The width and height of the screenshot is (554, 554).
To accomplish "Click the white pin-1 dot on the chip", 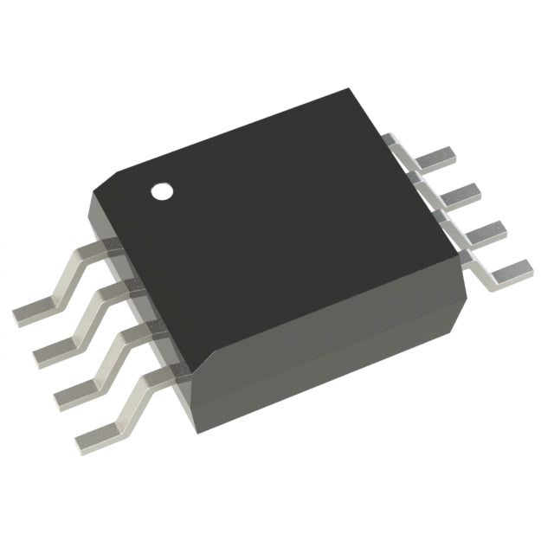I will tap(161, 190).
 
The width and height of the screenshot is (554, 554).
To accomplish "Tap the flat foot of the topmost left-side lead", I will tap(35, 309).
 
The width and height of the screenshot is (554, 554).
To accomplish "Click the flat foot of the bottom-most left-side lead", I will tap(98, 435).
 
